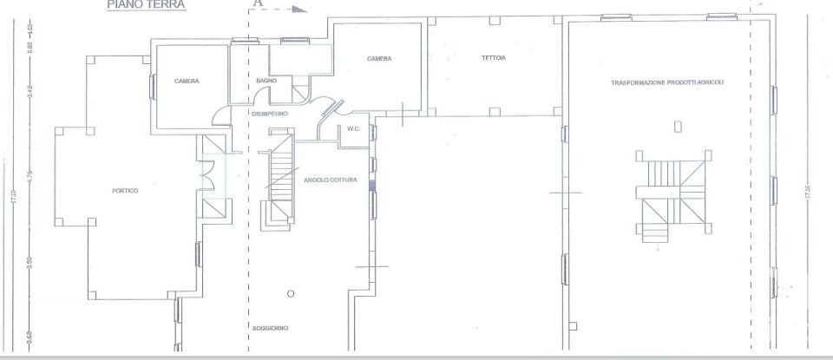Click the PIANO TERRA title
click(x=146, y=4)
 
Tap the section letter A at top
click(x=258, y=3)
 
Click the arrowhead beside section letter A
click(x=300, y=10)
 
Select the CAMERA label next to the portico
click(x=187, y=82)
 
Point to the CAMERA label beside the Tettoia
click(x=379, y=59)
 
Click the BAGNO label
click(x=266, y=81)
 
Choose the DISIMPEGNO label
click(x=269, y=114)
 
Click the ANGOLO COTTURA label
click(x=331, y=180)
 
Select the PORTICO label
click(x=125, y=190)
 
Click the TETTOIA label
click(x=494, y=58)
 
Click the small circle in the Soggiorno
click(x=291, y=293)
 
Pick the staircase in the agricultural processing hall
click(x=668, y=195)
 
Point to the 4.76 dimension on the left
click(x=30, y=173)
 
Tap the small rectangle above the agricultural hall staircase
click(x=678, y=128)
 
